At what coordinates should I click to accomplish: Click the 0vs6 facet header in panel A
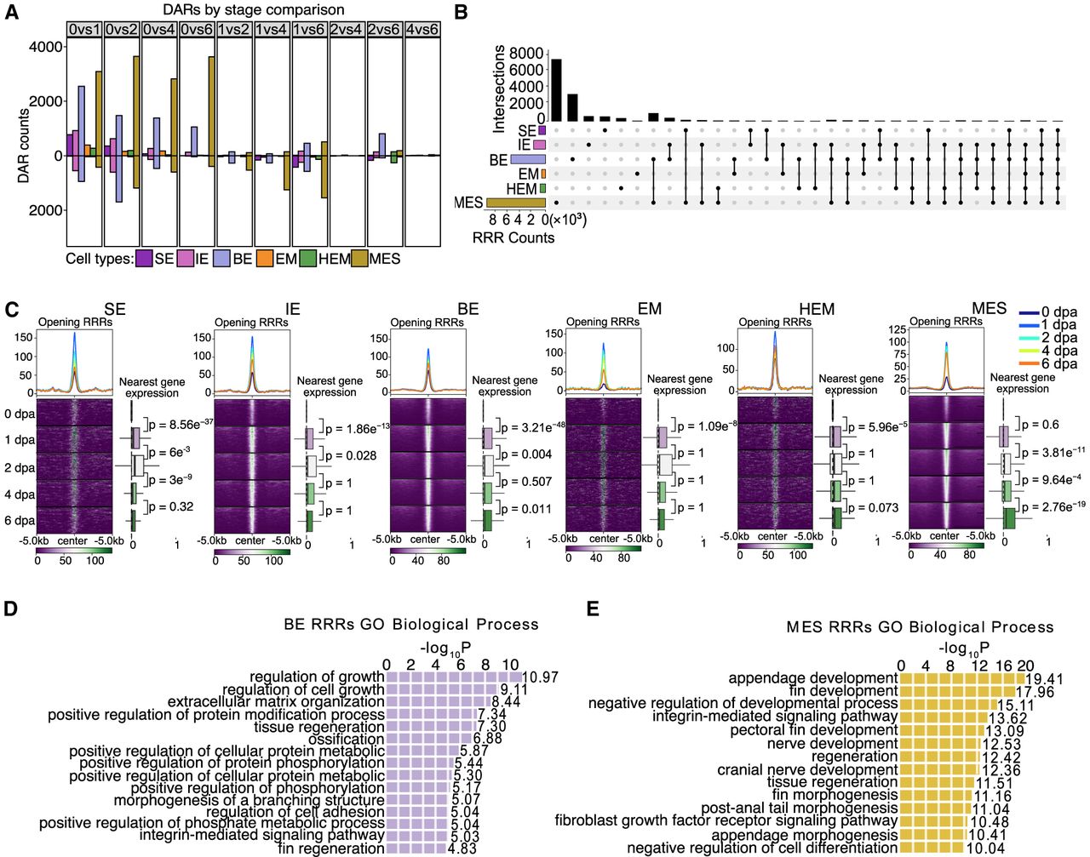click(198, 30)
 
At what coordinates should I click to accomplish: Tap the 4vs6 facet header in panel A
click(422, 30)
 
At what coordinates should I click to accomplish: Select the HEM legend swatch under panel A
click(308, 258)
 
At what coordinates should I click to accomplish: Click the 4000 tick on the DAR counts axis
click(46, 47)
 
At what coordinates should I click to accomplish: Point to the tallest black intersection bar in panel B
click(557, 89)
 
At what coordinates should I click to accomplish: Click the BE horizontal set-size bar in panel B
click(528, 159)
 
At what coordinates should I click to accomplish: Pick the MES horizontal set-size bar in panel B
click(515, 203)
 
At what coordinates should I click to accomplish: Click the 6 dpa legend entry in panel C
click(1049, 363)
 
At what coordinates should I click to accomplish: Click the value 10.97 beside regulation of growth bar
click(540, 677)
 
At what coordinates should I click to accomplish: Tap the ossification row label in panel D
click(347, 739)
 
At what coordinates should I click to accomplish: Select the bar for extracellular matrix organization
click(439, 702)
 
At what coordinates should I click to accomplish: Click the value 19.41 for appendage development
click(1044, 679)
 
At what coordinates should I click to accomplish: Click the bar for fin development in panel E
click(954, 692)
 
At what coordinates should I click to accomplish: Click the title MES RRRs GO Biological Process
click(920, 627)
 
